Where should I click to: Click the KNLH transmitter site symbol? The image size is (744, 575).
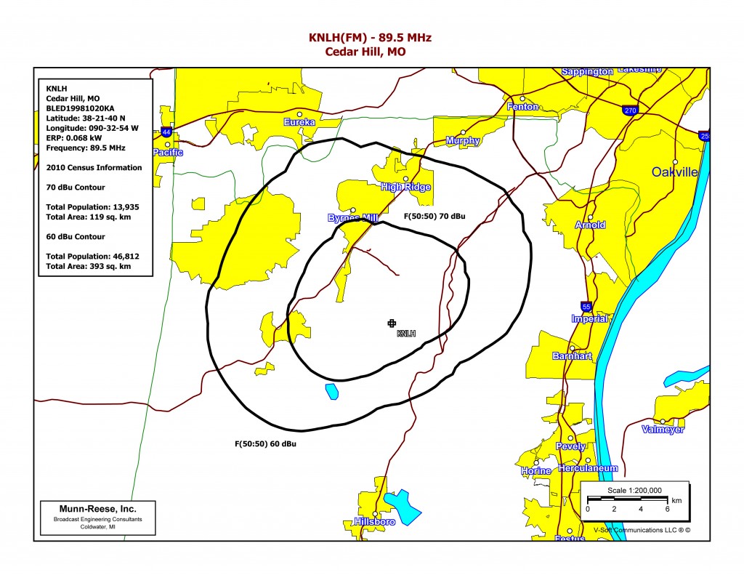point(392,323)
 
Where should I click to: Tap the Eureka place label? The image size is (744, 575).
point(299,122)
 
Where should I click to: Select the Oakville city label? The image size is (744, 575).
point(674,172)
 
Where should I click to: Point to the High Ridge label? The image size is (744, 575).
point(405,187)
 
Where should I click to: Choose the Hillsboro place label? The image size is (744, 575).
point(374,522)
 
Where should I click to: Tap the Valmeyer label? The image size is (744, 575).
point(663,430)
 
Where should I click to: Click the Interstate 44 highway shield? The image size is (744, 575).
point(167,132)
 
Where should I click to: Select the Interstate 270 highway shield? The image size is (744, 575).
point(629,110)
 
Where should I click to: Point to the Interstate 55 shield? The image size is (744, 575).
point(585,306)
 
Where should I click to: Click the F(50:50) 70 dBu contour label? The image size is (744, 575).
point(434,217)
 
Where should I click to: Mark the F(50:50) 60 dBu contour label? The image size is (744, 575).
point(265,443)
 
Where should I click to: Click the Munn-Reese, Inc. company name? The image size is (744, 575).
point(97,508)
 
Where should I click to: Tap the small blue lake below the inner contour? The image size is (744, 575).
point(332,391)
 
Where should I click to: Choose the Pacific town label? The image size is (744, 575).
point(168,153)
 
